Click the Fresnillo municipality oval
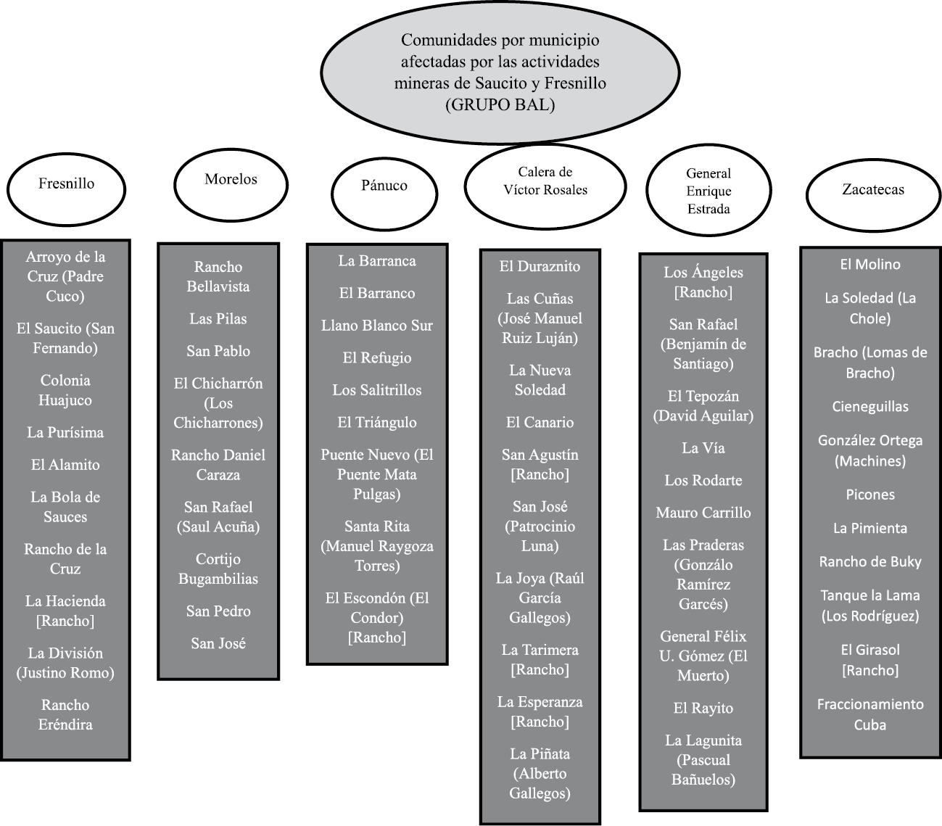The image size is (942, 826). [66, 184]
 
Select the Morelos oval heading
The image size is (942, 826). [231, 179]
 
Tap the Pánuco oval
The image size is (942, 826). [384, 186]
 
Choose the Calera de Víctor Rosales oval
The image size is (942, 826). [545, 181]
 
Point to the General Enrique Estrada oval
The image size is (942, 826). [708, 191]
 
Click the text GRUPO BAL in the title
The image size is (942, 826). [500, 104]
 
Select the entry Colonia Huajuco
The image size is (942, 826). [65, 390]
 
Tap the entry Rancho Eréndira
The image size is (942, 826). [65, 714]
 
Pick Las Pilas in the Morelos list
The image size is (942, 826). [218, 319]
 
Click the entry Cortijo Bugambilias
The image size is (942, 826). [218, 569]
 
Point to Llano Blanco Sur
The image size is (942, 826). [377, 326]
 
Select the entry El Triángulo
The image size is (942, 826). [377, 422]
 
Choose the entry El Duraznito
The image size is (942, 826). [540, 266]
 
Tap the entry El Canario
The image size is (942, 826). [540, 422]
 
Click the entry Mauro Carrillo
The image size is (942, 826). [703, 513]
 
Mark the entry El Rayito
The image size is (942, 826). [703, 709]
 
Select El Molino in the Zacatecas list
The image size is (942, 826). [870, 265]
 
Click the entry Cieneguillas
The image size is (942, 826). [870, 407]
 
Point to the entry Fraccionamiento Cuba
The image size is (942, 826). [870, 714]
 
